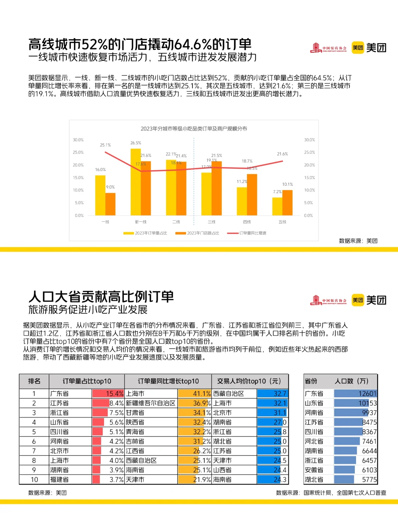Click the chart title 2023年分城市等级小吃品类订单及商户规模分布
194,129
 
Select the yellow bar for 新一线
136,182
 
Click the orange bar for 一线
111,204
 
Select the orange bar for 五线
287,203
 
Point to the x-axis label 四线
247,222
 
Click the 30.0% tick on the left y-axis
78,140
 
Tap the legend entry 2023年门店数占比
198,233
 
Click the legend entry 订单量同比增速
247,233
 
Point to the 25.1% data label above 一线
105,145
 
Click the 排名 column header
34,381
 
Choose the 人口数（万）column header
351,381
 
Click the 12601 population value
367,394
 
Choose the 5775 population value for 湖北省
369,480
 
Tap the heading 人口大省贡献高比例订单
101,297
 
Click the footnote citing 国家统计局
331,493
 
